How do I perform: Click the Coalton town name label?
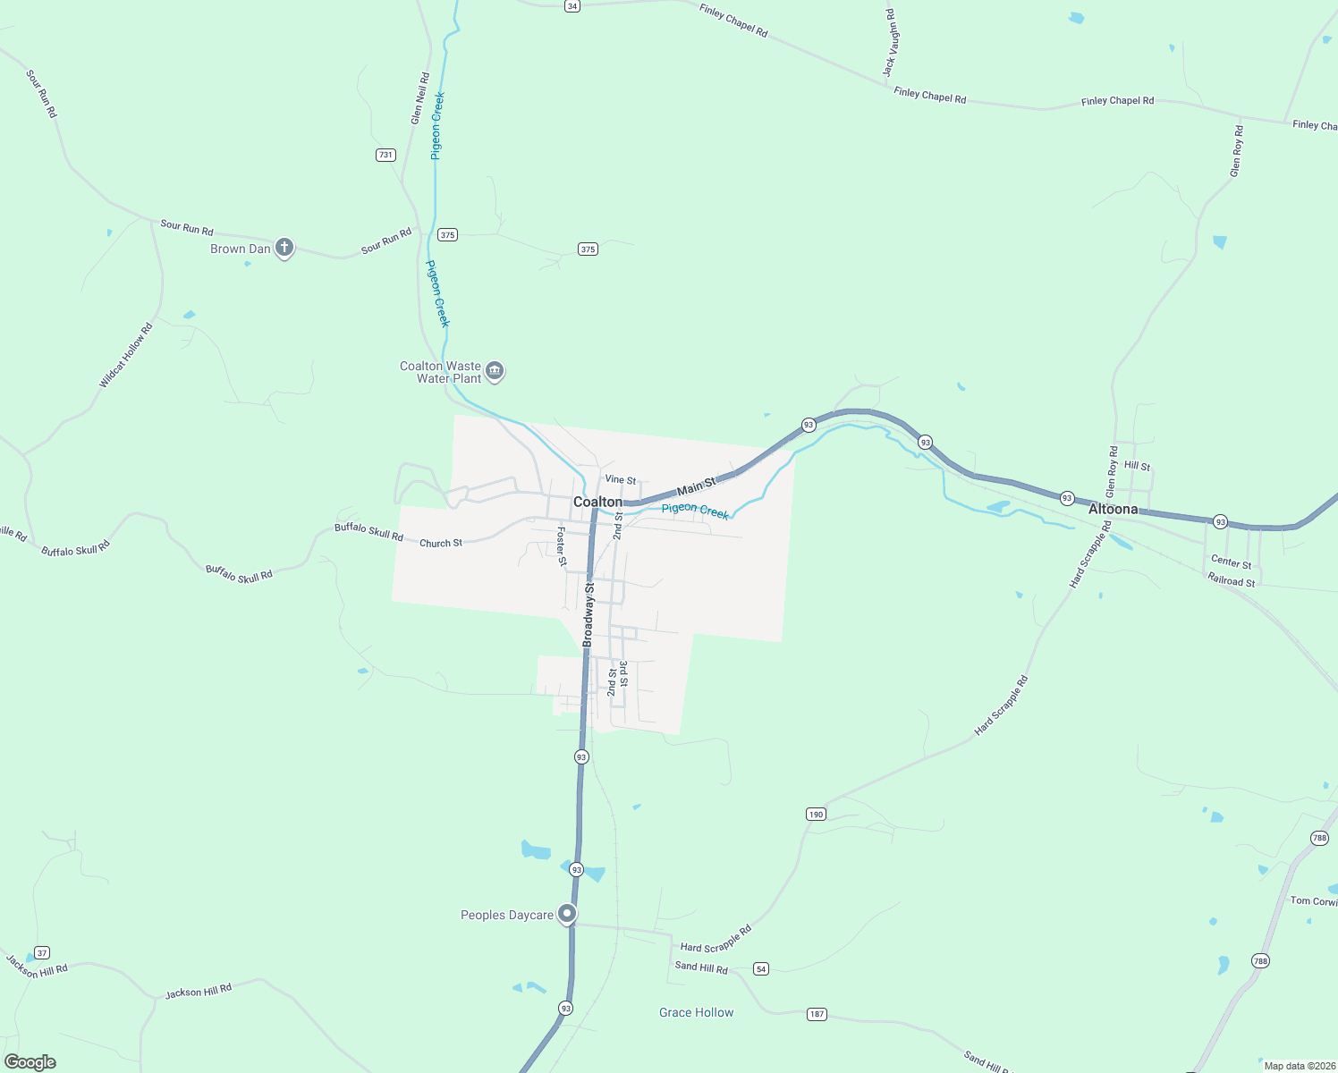(597, 503)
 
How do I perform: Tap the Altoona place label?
(1113, 509)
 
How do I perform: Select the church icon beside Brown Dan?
(284, 248)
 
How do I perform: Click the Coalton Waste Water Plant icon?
(495, 371)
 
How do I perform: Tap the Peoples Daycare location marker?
(567, 914)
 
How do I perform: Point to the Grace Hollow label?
(696, 1012)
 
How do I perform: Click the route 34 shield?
(572, 5)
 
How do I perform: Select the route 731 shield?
(385, 155)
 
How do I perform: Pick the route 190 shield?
(816, 814)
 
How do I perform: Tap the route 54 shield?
(761, 968)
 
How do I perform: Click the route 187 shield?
(817, 1014)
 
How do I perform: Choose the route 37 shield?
(42, 952)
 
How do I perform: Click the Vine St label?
(620, 480)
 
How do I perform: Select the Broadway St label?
(589, 614)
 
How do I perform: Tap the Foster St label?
(562, 546)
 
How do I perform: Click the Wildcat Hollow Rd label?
(126, 356)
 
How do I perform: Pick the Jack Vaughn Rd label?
(891, 42)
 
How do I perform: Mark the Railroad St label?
(1232, 581)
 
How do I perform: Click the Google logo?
(30, 1061)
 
